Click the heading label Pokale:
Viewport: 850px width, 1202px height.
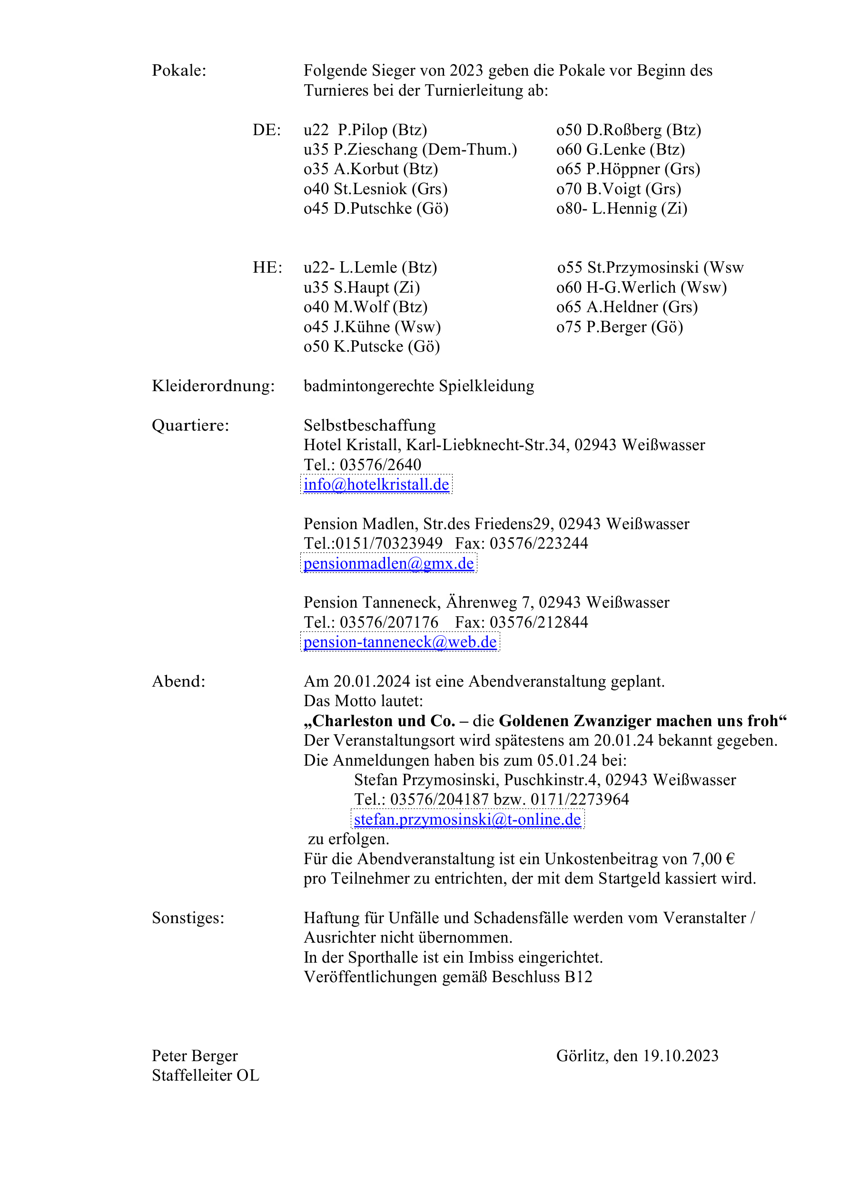tap(178, 70)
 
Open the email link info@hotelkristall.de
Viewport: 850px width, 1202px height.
tap(376, 484)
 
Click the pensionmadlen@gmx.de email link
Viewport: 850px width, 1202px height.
tap(389, 563)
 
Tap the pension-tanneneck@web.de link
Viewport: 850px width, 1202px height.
tap(400, 642)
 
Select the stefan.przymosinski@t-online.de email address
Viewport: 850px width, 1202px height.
tap(467, 819)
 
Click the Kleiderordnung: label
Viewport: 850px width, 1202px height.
tap(213, 386)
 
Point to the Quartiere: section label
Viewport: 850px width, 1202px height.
tap(190, 425)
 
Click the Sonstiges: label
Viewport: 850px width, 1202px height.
tap(188, 918)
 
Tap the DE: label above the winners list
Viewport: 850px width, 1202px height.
tap(267, 130)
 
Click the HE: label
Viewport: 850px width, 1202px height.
tap(267, 267)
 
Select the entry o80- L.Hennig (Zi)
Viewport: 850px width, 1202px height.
tap(622, 208)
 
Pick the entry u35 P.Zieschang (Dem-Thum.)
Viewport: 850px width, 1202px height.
tap(410, 150)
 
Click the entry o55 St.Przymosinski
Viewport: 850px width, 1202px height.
tap(650, 267)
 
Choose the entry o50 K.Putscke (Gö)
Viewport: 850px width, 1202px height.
tap(371, 346)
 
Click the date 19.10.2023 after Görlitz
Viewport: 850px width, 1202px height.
tap(680, 1056)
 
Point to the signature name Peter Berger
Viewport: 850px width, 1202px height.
tap(195, 1056)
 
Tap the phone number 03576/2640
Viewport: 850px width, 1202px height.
tap(380, 465)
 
